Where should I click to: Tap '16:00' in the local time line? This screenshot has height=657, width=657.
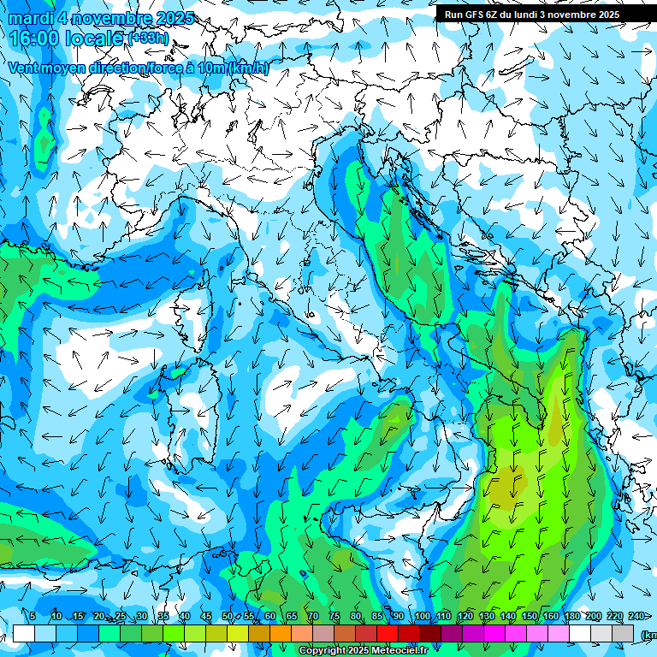[33, 38]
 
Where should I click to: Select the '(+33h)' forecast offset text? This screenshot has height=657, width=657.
[149, 38]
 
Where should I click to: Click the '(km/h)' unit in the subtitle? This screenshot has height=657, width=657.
[248, 68]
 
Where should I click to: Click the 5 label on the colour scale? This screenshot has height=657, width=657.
[33, 617]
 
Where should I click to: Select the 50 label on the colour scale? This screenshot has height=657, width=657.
[228, 617]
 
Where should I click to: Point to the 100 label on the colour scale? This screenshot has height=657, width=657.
[423, 617]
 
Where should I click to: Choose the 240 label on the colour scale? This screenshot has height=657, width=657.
[636, 617]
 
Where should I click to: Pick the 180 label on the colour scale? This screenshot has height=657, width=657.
[571, 617]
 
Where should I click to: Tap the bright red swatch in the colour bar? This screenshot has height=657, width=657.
[388, 634]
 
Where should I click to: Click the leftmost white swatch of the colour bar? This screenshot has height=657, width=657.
[24, 634]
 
